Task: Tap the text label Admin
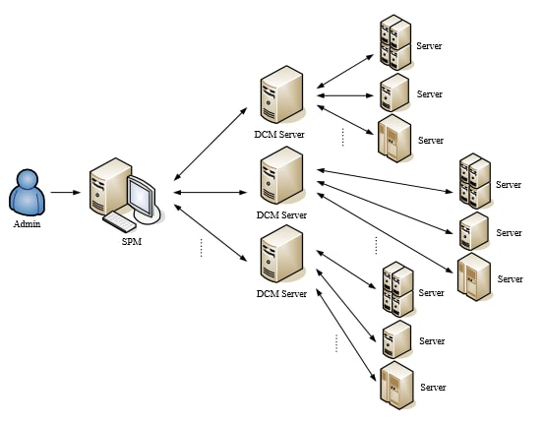point(28,224)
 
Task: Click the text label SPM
point(130,241)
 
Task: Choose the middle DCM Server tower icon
point(280,177)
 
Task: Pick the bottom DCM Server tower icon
point(280,257)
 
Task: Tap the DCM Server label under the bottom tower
point(281,294)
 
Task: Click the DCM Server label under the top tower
point(281,134)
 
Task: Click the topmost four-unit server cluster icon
point(394,42)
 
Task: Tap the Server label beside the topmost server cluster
point(430,46)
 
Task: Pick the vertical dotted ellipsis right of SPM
point(200,247)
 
